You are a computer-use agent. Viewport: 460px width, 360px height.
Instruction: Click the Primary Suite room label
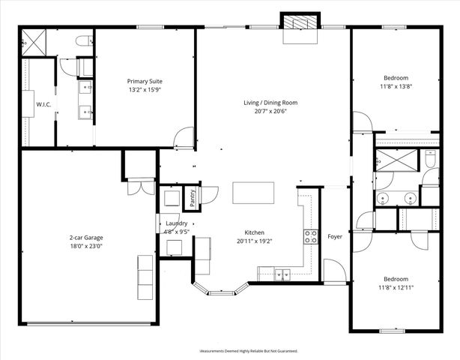[145, 81]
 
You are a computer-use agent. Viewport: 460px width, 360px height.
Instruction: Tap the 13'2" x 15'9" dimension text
[145, 91]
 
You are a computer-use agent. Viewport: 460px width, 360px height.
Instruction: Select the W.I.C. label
[43, 104]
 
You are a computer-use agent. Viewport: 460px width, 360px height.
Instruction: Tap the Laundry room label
[176, 223]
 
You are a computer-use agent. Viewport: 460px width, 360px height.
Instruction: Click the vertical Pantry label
[193, 198]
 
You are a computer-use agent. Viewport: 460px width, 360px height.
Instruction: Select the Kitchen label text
[254, 232]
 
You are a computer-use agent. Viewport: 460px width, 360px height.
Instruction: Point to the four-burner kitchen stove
[310, 237]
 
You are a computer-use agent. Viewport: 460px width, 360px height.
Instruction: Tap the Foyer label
[335, 237]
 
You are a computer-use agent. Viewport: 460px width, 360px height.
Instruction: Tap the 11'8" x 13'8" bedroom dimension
[396, 88]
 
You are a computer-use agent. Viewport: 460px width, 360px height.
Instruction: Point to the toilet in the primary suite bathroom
[84, 42]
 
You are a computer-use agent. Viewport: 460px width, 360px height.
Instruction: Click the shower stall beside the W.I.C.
[34, 42]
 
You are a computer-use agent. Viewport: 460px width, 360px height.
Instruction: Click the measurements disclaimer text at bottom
[248, 351]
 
